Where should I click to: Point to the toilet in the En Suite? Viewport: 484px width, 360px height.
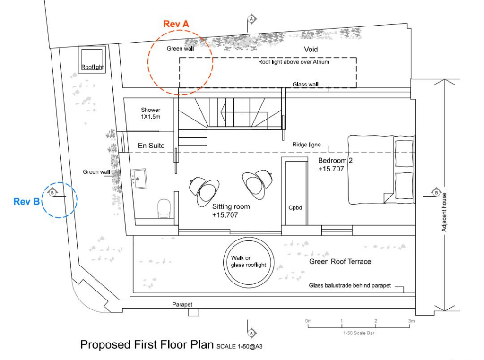pyautogui.click(x=164, y=208)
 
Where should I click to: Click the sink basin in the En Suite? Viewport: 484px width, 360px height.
pyautogui.click(x=139, y=179)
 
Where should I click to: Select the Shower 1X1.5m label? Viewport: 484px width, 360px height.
pyautogui.click(x=150, y=113)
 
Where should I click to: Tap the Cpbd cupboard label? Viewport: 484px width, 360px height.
pyautogui.click(x=294, y=207)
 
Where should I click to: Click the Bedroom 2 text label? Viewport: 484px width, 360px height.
pyautogui.click(x=335, y=161)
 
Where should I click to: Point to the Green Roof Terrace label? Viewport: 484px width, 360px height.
pyautogui.click(x=340, y=261)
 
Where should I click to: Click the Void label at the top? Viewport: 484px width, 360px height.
pyautogui.click(x=311, y=49)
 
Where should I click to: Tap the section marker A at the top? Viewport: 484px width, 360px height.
pyautogui.click(x=251, y=19)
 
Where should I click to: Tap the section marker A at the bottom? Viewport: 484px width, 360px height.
pyautogui.click(x=251, y=333)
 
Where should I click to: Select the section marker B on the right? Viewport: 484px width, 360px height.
pyautogui.click(x=436, y=192)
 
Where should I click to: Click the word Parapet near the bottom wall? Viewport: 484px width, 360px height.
pyautogui.click(x=182, y=305)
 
